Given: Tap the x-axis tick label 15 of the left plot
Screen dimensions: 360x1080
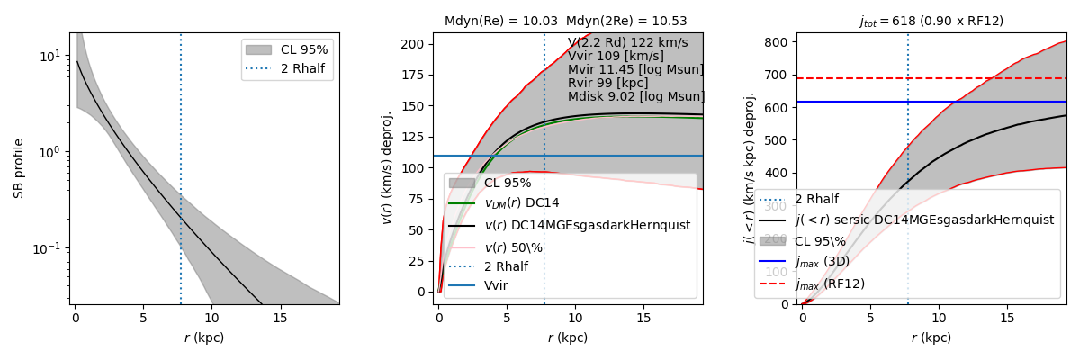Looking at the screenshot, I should [280, 317].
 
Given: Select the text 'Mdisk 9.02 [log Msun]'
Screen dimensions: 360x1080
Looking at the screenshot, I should [636, 96].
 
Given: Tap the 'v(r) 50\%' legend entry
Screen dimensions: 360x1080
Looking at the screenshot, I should [521, 247].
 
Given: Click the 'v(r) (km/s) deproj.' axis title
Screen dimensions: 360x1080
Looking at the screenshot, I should [388, 168].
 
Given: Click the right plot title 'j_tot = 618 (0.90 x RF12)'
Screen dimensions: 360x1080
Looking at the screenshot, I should [931, 21].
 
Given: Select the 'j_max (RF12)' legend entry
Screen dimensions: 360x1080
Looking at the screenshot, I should [829, 283].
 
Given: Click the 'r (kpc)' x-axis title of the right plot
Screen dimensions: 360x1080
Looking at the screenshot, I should [931, 338].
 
